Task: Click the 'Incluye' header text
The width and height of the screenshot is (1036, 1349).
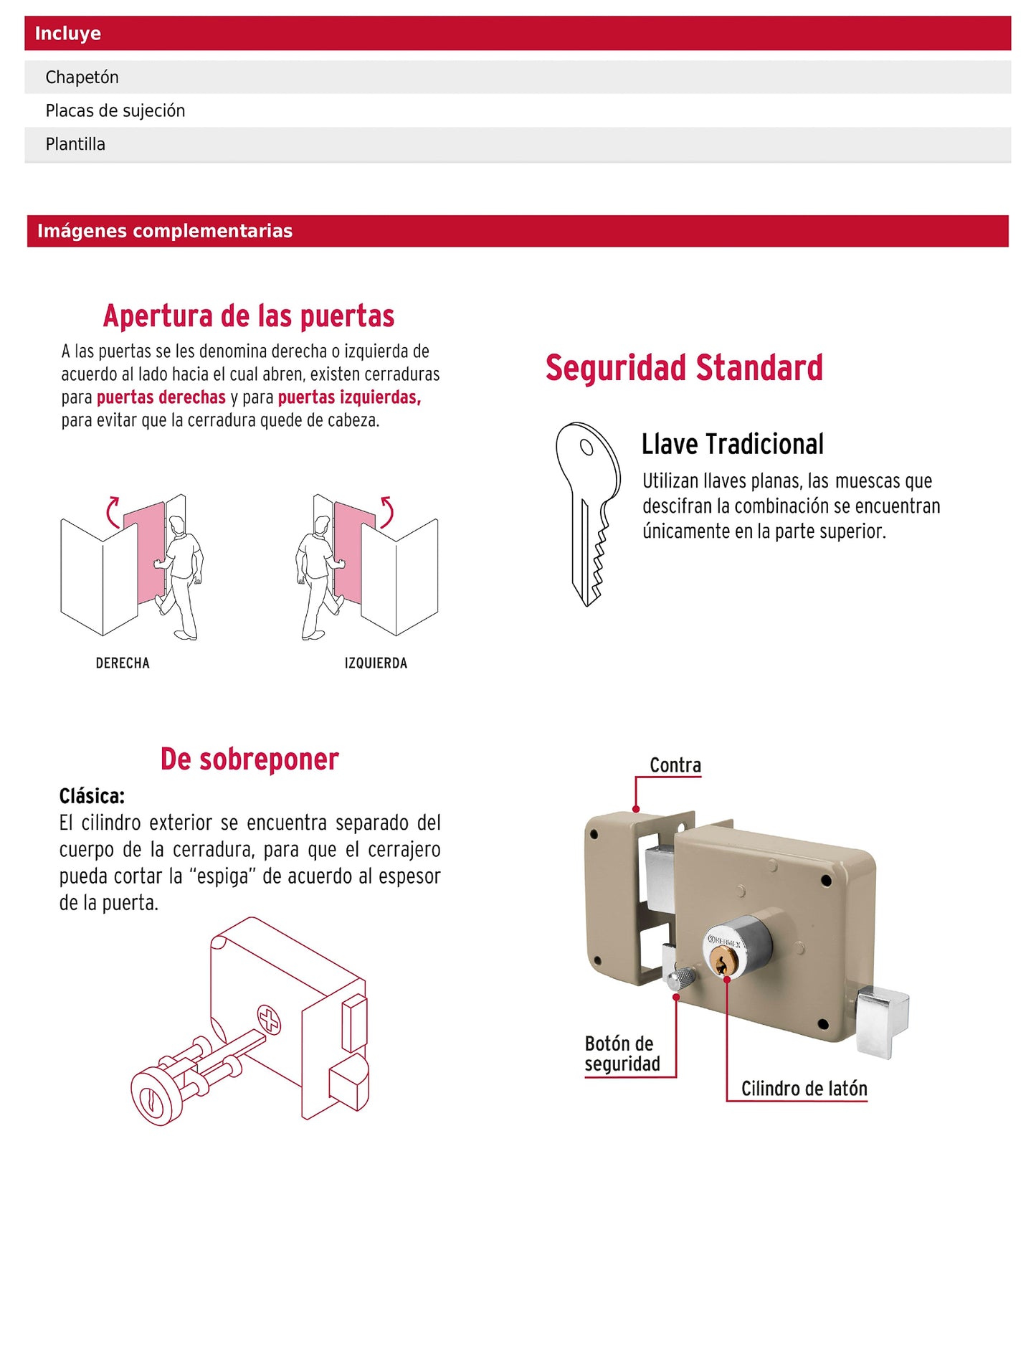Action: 67,34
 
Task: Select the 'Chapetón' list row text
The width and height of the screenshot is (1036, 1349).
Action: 82,77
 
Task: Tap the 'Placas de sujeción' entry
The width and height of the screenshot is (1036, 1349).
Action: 115,110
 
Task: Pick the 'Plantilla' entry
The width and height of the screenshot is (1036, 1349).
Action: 75,144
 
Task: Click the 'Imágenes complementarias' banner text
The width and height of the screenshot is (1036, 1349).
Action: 164,231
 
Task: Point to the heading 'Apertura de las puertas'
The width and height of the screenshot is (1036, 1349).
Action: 248,316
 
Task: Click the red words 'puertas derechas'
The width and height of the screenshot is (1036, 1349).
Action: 161,397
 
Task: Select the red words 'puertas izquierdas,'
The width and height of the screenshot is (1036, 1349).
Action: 349,397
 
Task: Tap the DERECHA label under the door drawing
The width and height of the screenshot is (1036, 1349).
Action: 123,663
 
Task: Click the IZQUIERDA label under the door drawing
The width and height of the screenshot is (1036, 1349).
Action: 376,663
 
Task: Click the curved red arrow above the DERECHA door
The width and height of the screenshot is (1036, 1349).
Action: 112,512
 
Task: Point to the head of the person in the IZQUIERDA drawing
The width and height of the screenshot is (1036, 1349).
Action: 323,524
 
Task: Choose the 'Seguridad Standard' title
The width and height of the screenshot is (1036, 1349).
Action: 683,368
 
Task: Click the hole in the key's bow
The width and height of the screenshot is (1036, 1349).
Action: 586,448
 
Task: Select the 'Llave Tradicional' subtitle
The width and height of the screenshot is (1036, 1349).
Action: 732,445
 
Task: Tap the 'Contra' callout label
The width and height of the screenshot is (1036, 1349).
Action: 675,765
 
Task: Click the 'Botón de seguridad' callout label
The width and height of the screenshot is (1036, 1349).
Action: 622,1054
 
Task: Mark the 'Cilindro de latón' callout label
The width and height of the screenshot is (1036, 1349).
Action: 804,1089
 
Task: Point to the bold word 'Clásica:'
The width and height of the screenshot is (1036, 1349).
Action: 92,796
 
